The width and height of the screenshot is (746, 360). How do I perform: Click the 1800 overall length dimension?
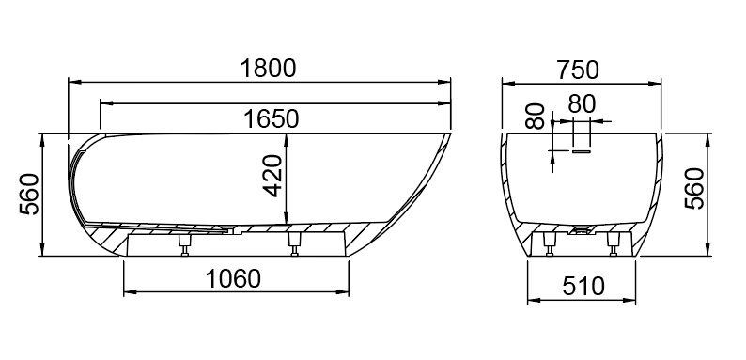pos(269,69)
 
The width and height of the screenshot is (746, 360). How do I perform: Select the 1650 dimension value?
pos(272,118)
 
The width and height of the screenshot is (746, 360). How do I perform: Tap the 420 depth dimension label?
pos(273,176)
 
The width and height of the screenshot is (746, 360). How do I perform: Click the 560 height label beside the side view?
pos(29,194)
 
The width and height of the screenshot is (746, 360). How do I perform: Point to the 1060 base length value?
pos(233,278)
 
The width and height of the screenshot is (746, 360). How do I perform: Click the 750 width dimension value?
pos(578,70)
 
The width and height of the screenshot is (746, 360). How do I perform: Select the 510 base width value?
pos(583,287)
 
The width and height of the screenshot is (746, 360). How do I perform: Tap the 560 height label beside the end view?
pos(694,188)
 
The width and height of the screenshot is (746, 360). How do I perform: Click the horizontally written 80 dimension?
pos(582,103)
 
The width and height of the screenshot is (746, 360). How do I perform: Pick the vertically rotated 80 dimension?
pos(536,117)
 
